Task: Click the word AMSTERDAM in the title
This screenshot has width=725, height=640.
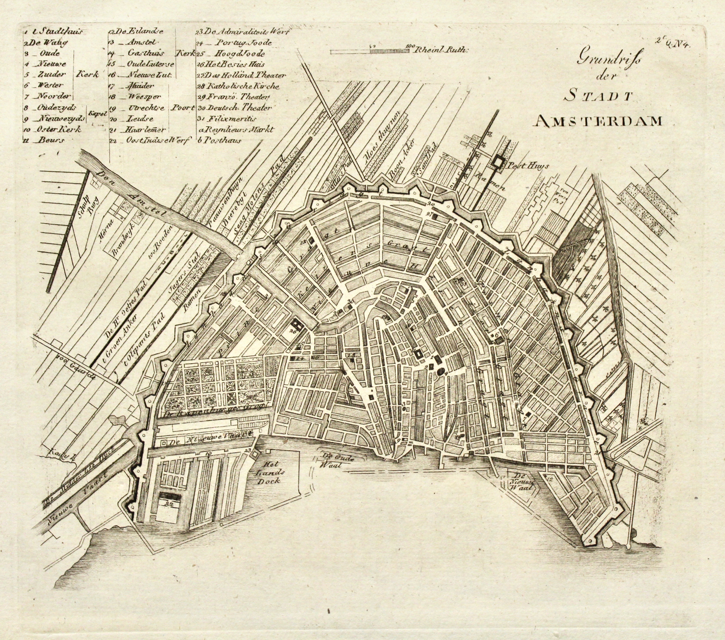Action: coord(598,121)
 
